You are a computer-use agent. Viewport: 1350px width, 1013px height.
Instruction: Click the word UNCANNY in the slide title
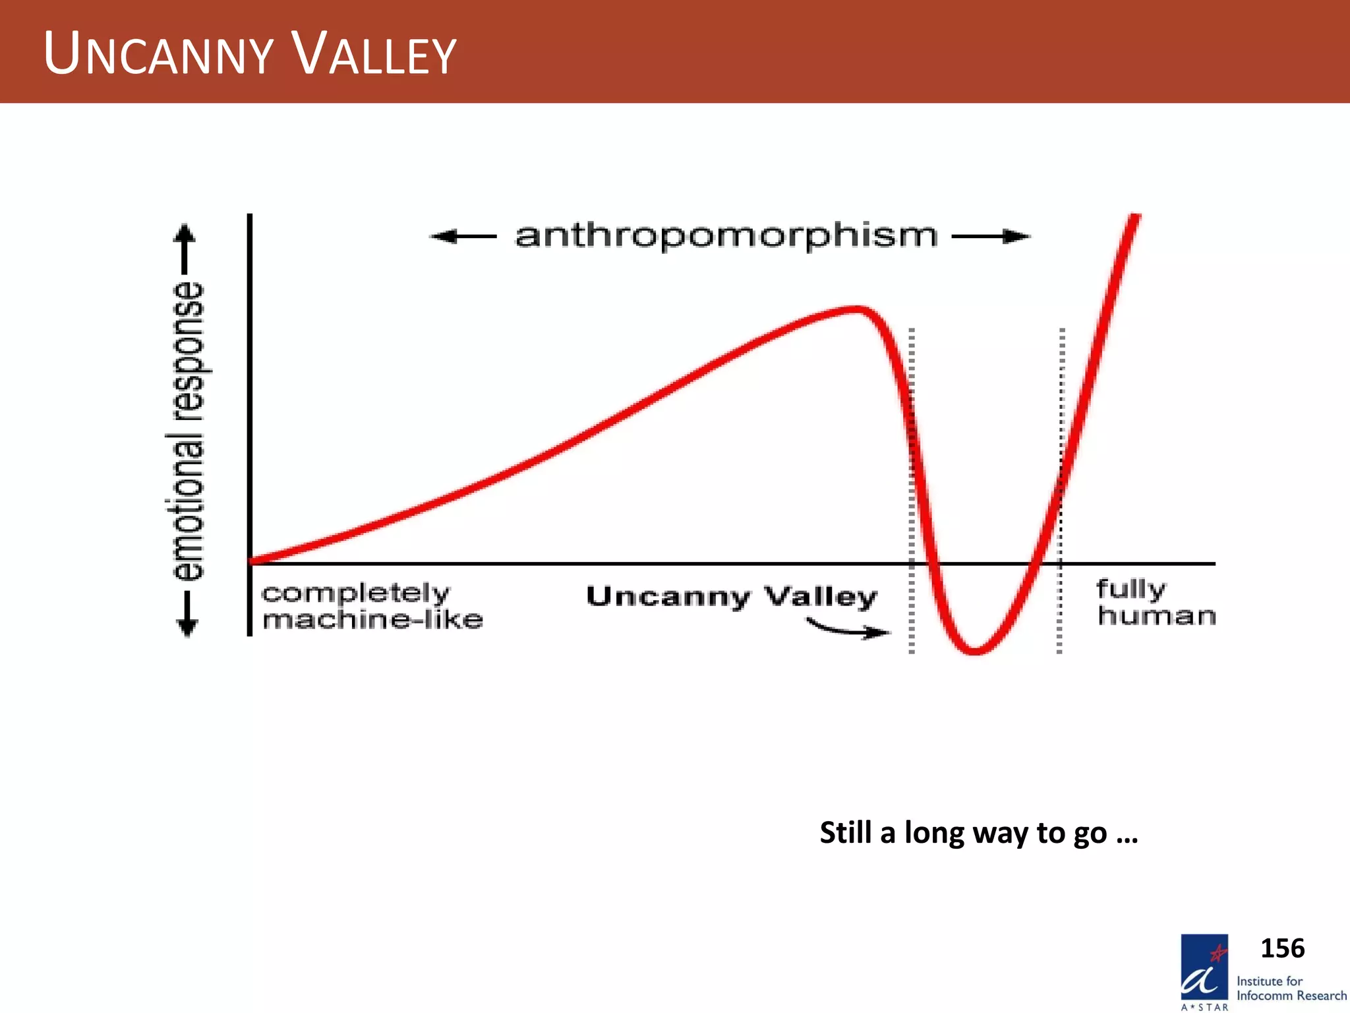tap(158, 54)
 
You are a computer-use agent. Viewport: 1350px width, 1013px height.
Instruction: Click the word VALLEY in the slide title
tap(374, 54)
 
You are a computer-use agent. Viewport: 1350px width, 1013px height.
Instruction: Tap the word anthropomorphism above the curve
tap(726, 236)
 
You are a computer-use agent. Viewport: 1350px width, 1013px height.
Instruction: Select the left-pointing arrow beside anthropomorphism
tap(463, 236)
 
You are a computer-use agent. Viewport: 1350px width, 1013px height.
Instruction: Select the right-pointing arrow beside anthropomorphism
tap(991, 236)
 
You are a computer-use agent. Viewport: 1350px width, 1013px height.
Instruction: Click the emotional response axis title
tap(187, 431)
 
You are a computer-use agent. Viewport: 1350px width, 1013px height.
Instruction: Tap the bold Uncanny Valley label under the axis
tap(732, 597)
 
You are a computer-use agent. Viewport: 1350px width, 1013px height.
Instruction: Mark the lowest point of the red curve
tap(975, 652)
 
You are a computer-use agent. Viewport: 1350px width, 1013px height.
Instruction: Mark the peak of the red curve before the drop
tap(854, 309)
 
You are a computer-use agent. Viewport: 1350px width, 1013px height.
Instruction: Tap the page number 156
tap(1282, 948)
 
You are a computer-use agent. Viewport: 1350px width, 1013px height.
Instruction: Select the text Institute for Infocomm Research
tap(1291, 989)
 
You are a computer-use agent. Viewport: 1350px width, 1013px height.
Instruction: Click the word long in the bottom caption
tap(934, 833)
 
